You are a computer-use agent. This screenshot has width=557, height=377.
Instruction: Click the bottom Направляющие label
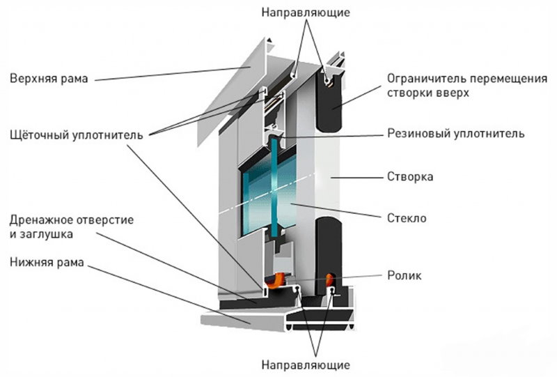point(306,365)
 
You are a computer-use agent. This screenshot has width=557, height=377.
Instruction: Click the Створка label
point(410,177)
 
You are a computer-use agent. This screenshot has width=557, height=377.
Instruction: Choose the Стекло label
point(407,219)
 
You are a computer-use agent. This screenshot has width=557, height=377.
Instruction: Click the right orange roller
point(329,279)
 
